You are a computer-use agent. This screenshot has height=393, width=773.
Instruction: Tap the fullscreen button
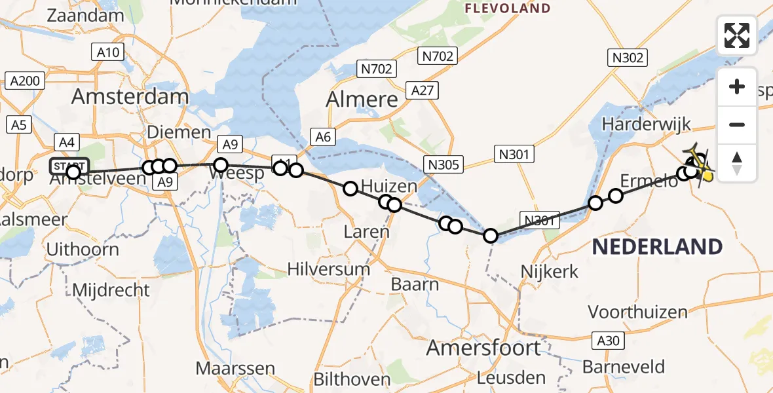pyautogui.click(x=737, y=35)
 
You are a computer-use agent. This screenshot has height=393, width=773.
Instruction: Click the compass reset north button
pyautogui.click(x=737, y=163)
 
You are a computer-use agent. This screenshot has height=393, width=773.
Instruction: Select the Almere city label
pyautogui.click(x=362, y=100)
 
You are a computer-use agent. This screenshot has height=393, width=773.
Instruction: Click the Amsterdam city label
pyautogui.click(x=130, y=97)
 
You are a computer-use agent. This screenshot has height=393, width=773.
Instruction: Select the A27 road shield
pyautogui.click(x=423, y=90)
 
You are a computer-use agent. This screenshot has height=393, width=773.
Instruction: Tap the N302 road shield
pyautogui.click(x=628, y=58)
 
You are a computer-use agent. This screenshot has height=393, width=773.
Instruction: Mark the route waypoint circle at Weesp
pyautogui.click(x=221, y=165)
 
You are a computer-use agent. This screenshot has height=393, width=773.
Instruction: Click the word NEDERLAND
pyautogui.click(x=657, y=247)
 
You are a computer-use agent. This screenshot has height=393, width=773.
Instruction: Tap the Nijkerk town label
pyautogui.click(x=549, y=270)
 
